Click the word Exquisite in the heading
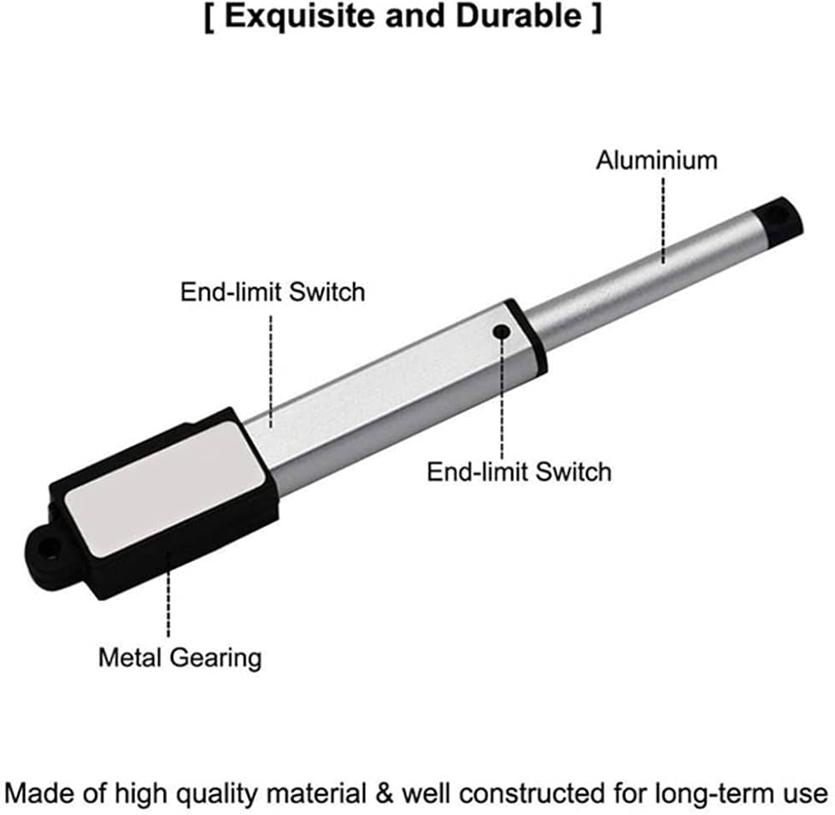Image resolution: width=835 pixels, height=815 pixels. coord(300,16)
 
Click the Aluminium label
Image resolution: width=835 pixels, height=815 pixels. coord(656,160)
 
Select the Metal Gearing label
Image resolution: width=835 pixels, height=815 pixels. coord(180,658)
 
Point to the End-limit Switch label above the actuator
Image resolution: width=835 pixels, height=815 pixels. coord(273,292)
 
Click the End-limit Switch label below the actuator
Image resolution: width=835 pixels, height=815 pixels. coord(519,472)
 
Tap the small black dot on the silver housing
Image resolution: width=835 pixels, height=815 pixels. coord(501,332)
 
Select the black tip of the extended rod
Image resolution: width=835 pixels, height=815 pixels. coord(780,219)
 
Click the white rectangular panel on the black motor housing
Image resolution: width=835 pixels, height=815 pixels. coord(165,489)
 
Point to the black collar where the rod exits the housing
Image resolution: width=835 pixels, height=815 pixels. coord(525,337)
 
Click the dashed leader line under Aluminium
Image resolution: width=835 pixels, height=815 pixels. coord(663,220)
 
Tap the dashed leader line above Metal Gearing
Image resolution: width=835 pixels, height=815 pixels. coord(169,595)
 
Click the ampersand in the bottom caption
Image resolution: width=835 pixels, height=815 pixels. coord(384,792)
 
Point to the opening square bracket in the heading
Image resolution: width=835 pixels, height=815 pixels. coord(210,17)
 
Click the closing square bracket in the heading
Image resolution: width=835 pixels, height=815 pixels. coord(596,17)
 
